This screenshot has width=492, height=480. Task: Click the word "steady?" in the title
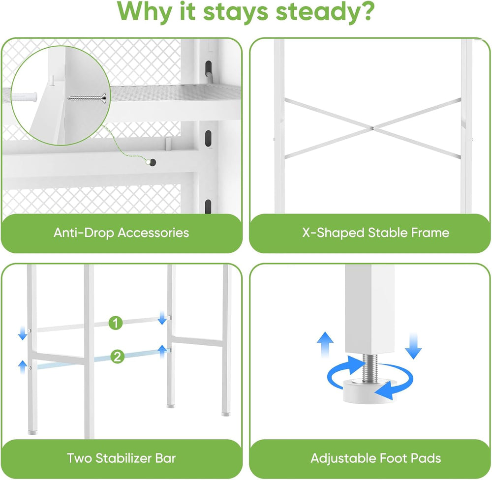[325, 12]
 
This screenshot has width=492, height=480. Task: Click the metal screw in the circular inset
[88, 98]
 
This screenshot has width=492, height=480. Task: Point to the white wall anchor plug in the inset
[25, 96]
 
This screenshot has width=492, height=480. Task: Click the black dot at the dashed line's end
[153, 162]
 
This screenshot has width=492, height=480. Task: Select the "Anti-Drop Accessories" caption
[121, 233]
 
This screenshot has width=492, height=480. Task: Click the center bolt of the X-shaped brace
[372, 128]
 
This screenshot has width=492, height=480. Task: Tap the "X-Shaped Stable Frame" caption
[375, 233]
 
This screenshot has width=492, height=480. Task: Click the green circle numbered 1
[116, 323]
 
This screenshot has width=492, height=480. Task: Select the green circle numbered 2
[118, 357]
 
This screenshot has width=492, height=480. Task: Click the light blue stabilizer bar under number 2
[103, 358]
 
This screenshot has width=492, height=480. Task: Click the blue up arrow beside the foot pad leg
[325, 344]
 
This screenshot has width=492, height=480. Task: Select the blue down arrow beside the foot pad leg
[414, 346]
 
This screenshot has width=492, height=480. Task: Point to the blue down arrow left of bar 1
[23, 333]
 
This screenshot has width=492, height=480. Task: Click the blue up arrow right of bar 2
[162, 352]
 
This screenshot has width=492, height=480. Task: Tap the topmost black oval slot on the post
[208, 68]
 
